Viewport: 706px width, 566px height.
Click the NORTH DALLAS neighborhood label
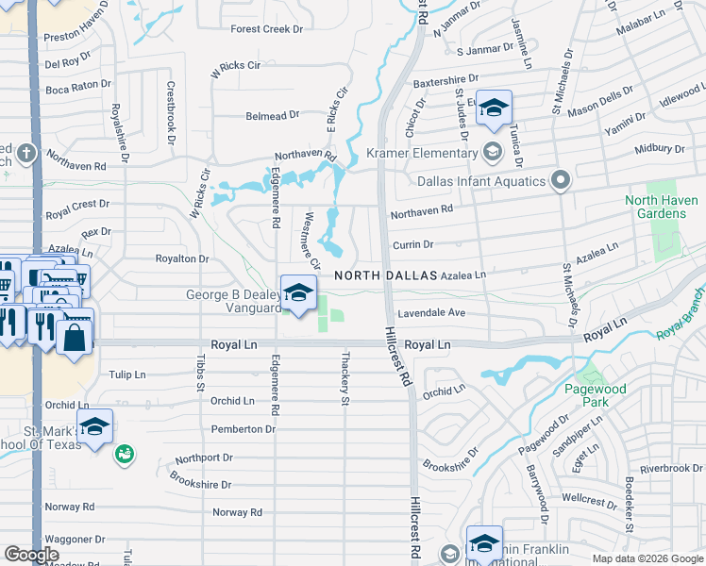386,275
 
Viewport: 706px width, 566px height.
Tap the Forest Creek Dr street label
267,29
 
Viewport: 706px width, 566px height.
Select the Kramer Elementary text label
416,153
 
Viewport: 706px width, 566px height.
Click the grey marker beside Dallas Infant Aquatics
561,180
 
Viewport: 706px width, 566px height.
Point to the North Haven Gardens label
661,207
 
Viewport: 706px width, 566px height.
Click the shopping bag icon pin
75,336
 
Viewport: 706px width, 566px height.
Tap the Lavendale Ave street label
431,312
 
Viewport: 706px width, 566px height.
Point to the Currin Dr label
412,244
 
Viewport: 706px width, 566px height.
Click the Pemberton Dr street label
244,428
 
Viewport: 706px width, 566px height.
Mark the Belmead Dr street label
272,114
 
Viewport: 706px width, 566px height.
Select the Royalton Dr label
181,258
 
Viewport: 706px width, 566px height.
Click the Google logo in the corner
32,555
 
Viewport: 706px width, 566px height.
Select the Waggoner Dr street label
76,539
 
